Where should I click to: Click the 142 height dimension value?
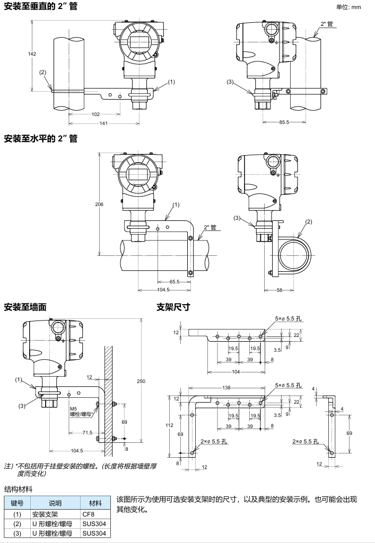tap(32, 54)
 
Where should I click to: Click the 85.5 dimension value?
tap(284, 123)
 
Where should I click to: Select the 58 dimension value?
tap(279, 290)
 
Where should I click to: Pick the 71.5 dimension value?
tap(86, 433)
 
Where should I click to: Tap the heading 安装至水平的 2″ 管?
tap(41, 139)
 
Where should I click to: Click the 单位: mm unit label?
tap(348, 6)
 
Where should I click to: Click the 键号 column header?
tap(18, 503)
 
